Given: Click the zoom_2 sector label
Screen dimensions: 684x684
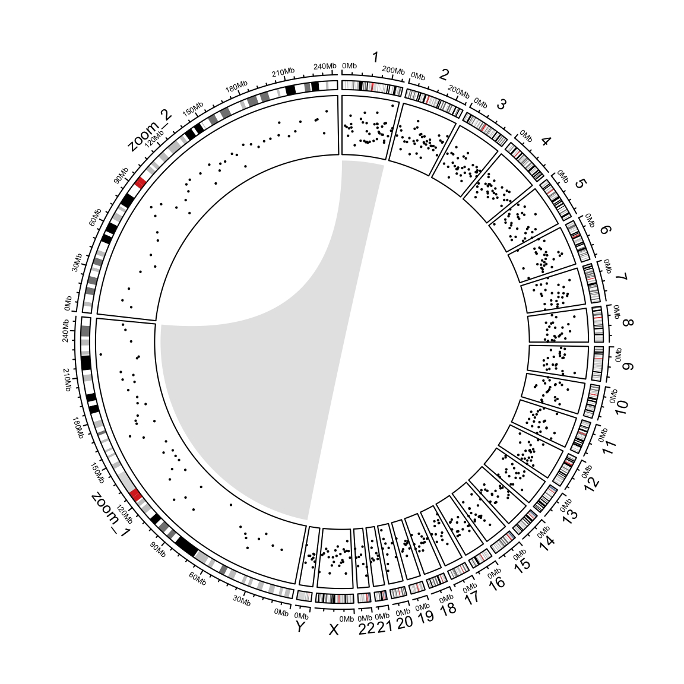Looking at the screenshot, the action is click(x=150, y=129).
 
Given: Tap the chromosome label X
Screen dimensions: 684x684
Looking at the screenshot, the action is click(x=333, y=629).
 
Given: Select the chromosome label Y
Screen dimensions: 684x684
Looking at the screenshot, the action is click(x=300, y=627).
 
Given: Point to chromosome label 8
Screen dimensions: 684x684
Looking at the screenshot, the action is click(x=628, y=323).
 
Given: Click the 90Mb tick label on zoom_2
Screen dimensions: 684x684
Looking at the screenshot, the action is click(x=121, y=175).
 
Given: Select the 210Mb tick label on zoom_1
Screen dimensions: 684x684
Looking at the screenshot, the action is click(x=68, y=380).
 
